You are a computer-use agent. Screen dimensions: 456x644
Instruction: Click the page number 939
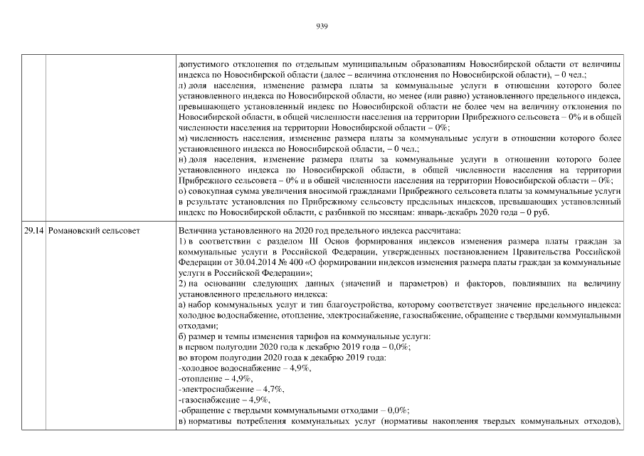(321, 26)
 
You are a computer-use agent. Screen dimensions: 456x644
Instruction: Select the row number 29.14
(33, 232)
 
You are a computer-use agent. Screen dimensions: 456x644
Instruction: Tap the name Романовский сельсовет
(94, 232)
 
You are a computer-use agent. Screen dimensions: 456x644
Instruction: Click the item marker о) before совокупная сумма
(182, 191)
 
